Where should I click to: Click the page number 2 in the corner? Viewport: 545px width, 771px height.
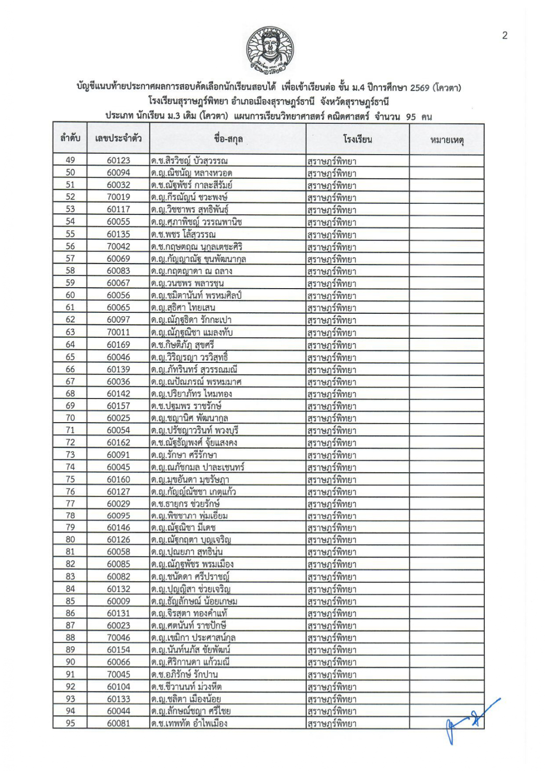pyautogui.click(x=504, y=35)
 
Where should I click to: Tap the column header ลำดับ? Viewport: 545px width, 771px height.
pyautogui.click(x=70, y=139)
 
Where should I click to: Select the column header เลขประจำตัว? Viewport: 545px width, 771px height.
pyautogui.click(x=118, y=139)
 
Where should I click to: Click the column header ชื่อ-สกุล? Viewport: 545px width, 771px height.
pyautogui.click(x=228, y=139)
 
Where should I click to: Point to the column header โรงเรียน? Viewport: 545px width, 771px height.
pyautogui.click(x=357, y=139)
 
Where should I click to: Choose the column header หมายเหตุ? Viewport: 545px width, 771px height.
pyautogui.click(x=446, y=140)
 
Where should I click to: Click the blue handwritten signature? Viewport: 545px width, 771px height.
pyautogui.click(x=468, y=720)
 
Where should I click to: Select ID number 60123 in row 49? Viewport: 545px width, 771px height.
pyautogui.click(x=118, y=160)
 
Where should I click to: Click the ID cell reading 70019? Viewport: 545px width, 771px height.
pyautogui.click(x=118, y=197)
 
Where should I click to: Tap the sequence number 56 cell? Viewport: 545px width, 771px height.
pyautogui.click(x=70, y=246)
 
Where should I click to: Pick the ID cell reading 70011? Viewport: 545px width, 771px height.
pyautogui.click(x=118, y=332)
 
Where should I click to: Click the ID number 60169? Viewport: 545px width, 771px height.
pyautogui.click(x=118, y=345)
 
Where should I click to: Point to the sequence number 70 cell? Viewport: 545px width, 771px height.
pyautogui.click(x=70, y=418)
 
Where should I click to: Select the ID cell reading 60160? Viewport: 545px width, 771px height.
pyautogui.click(x=118, y=479)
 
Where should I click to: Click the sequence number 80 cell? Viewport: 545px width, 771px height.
pyautogui.click(x=70, y=540)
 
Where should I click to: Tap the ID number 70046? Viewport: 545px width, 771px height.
pyautogui.click(x=118, y=638)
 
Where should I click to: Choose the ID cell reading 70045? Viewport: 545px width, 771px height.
pyautogui.click(x=118, y=674)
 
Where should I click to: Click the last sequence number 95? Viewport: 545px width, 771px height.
pyautogui.click(x=70, y=723)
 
